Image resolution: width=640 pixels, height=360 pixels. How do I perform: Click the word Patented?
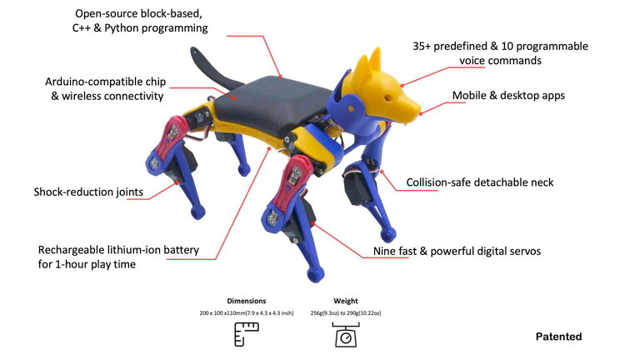(x=557, y=337)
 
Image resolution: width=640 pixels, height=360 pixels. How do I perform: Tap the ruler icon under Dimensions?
(x=245, y=334)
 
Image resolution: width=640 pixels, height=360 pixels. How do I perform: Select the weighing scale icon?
(x=345, y=334)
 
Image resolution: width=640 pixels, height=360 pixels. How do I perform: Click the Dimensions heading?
(x=246, y=300)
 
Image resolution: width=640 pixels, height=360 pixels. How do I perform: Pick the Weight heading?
(x=345, y=300)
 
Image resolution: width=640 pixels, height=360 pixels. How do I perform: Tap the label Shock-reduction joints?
(x=88, y=192)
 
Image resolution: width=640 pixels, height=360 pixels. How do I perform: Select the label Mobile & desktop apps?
(x=508, y=95)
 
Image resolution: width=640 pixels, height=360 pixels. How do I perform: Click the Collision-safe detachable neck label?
(x=479, y=182)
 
